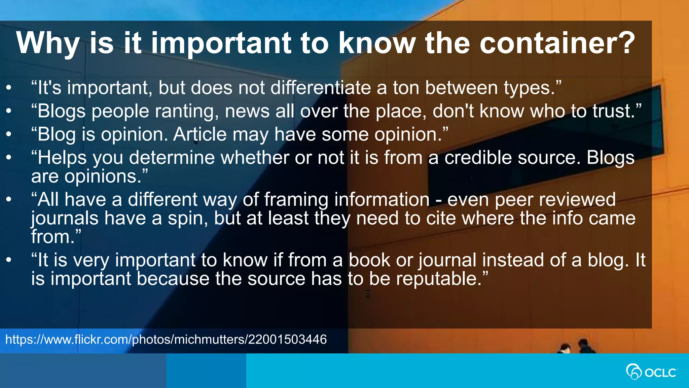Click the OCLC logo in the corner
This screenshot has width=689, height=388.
coord(651,372)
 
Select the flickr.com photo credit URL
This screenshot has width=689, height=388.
coord(166,339)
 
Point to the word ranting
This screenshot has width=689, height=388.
coord(186,112)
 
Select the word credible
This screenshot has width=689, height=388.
coord(478,158)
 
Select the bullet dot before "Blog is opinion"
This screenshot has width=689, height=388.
coord(9,134)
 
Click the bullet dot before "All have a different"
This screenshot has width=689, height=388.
coord(9,199)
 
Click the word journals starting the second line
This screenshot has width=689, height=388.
coord(65,219)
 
